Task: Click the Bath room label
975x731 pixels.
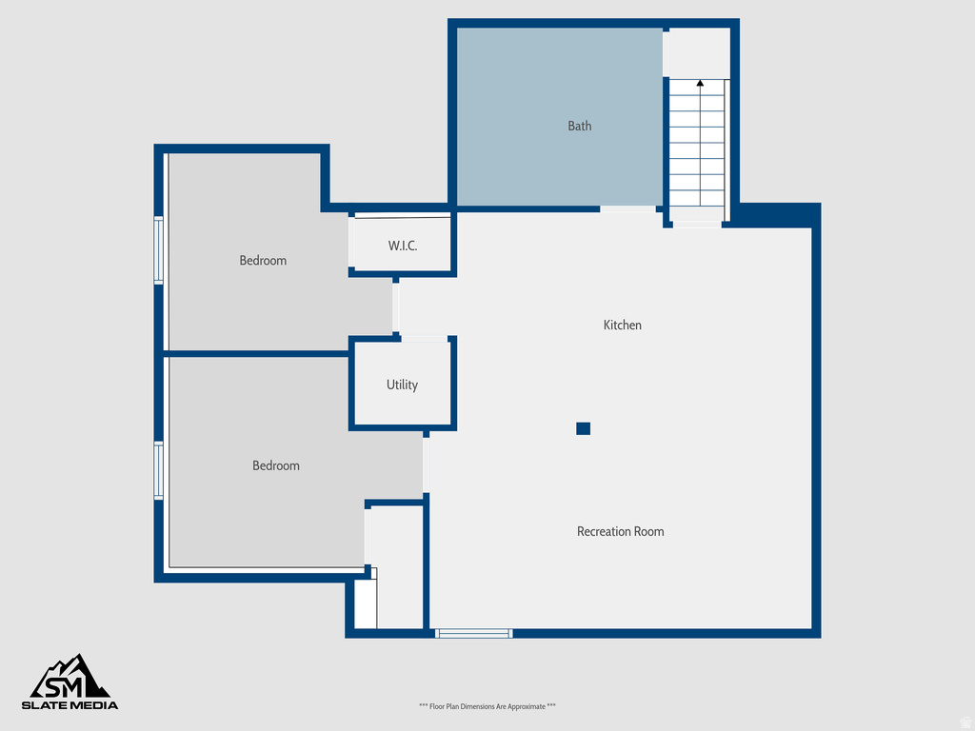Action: pos(579,126)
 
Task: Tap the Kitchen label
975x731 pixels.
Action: pos(622,326)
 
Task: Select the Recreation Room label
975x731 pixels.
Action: pos(620,532)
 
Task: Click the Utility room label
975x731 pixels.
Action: pos(402,385)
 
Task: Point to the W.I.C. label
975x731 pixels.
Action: pos(402,246)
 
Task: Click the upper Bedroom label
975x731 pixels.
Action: pos(263,261)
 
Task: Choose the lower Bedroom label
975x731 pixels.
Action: pos(275,465)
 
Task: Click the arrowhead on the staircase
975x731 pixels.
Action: pos(700,84)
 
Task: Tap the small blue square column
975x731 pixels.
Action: pos(583,428)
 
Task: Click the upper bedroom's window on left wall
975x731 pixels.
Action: pos(159,250)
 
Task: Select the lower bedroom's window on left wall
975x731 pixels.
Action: pos(159,470)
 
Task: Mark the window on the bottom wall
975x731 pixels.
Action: pos(474,633)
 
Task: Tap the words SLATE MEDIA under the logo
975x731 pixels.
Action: pos(71,705)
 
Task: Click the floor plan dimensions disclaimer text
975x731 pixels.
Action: pos(487,706)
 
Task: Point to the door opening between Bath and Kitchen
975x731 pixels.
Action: pos(627,208)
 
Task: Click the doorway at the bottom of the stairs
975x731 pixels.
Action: pos(697,225)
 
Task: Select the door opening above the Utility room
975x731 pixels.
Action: pos(425,338)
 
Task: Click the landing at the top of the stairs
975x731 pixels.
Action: pos(697,52)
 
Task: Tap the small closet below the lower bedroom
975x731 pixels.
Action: pos(366,603)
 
